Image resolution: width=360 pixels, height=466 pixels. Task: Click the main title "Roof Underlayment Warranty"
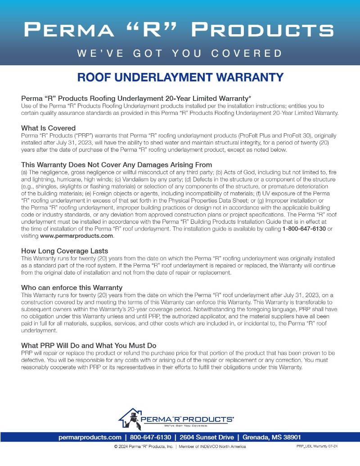point(180,77)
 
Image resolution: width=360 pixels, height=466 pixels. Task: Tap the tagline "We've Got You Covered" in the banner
point(180,53)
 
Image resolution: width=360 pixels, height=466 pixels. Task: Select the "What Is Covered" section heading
point(48,128)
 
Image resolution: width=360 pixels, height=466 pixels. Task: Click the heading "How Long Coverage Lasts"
point(64,251)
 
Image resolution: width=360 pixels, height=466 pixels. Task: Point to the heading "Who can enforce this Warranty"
point(72,287)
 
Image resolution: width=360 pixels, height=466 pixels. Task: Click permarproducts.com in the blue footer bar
point(90,437)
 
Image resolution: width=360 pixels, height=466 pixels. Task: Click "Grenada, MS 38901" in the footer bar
point(272,437)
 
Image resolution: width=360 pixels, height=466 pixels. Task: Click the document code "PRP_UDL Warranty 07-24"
point(317,446)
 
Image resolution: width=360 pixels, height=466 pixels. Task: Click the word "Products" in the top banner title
point(262,30)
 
